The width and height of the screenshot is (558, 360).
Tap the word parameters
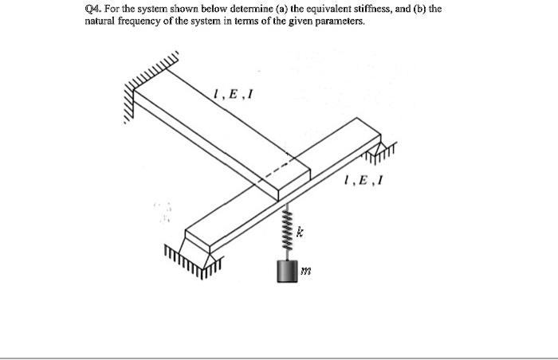tap(340, 22)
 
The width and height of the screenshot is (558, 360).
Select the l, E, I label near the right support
tap(363, 182)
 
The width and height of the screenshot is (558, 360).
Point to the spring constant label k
tap(300, 233)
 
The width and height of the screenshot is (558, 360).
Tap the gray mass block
tap(285, 271)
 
